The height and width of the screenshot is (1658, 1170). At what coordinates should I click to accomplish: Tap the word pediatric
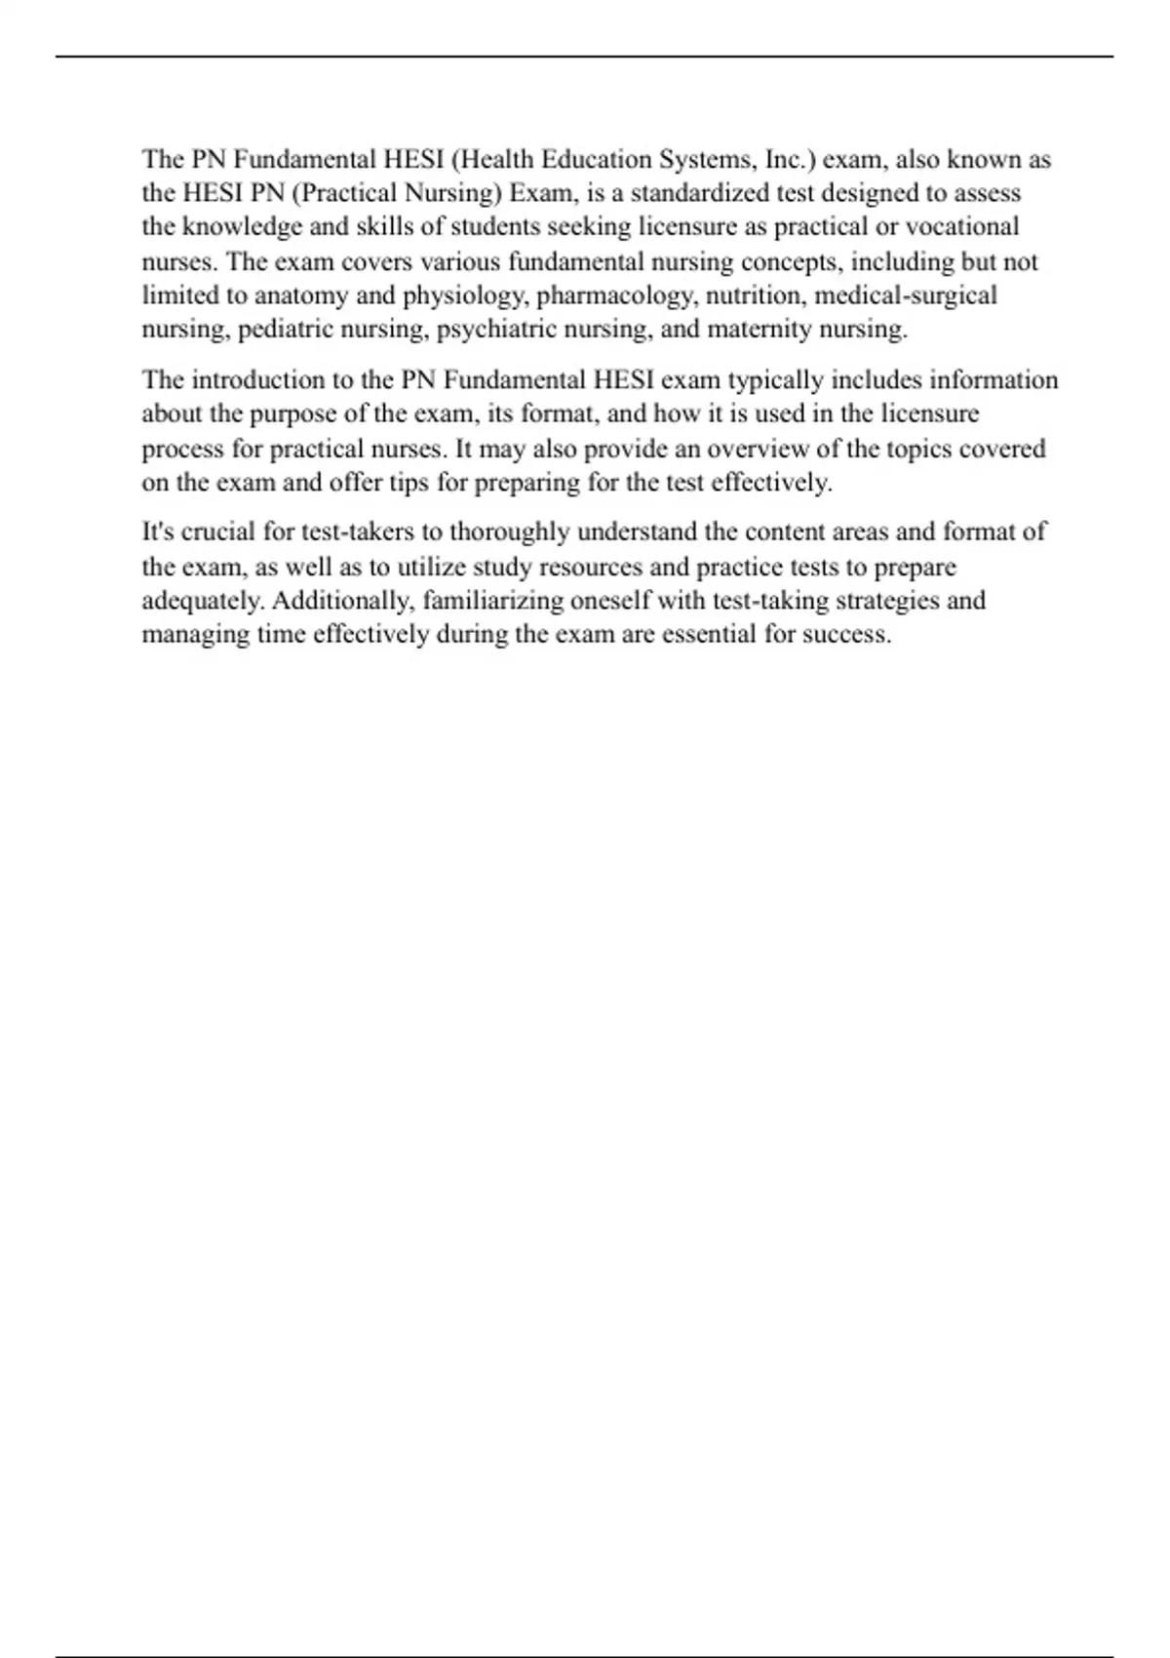(x=284, y=329)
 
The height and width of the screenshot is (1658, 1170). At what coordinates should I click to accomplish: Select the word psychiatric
(x=494, y=329)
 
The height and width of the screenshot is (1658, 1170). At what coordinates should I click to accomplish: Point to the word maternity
(x=760, y=329)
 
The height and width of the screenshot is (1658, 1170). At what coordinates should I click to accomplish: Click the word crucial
(x=220, y=533)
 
